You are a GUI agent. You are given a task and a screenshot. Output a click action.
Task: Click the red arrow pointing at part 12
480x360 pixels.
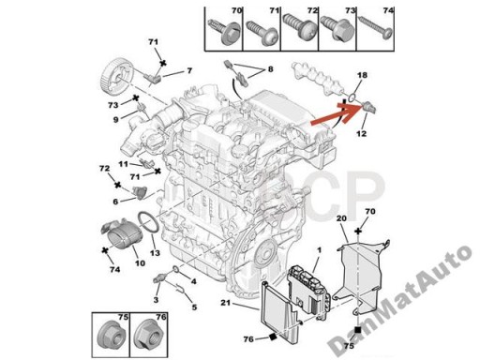point(336,114)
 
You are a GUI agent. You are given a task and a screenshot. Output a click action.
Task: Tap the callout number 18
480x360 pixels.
point(362,75)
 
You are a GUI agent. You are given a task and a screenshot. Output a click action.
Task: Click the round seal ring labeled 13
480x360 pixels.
point(149,223)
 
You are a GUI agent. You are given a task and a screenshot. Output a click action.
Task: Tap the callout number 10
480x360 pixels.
point(140,263)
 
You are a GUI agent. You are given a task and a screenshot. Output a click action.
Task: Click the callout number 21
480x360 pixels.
point(225,303)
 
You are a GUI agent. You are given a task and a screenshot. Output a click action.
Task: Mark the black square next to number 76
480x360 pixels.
point(272,337)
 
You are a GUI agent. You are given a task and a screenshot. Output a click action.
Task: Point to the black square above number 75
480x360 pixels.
point(358,330)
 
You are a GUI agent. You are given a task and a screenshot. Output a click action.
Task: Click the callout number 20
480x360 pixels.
point(341,218)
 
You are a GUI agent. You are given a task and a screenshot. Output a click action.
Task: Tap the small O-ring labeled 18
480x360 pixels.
point(352,97)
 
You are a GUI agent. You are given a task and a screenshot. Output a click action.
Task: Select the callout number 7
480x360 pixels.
point(189,71)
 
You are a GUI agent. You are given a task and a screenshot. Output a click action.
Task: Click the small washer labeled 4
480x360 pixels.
point(176,268)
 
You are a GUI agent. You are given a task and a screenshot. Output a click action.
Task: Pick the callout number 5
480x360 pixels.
point(194,307)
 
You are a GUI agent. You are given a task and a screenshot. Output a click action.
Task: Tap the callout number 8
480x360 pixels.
point(270,69)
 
